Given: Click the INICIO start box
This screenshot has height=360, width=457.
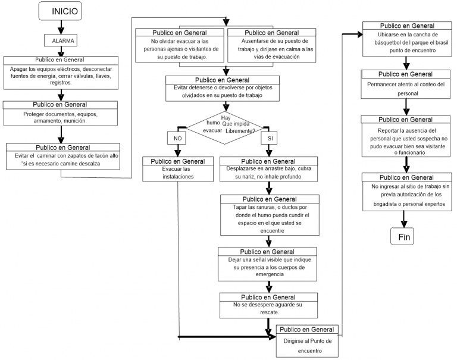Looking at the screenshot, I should click(x=64, y=11).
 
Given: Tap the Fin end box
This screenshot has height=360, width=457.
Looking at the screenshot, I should click(x=404, y=236).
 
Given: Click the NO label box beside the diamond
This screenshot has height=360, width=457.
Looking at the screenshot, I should click(x=177, y=138).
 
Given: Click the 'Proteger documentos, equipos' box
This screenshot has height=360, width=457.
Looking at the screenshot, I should click(x=61, y=113).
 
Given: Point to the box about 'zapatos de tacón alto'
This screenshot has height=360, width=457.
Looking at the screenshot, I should click(x=62, y=156).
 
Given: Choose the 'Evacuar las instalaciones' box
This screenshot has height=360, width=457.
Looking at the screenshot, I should click(x=177, y=172).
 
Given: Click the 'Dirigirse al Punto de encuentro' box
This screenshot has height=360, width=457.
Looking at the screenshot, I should click(x=309, y=342).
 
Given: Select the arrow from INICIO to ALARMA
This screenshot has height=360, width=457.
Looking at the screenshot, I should click(x=60, y=27).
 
